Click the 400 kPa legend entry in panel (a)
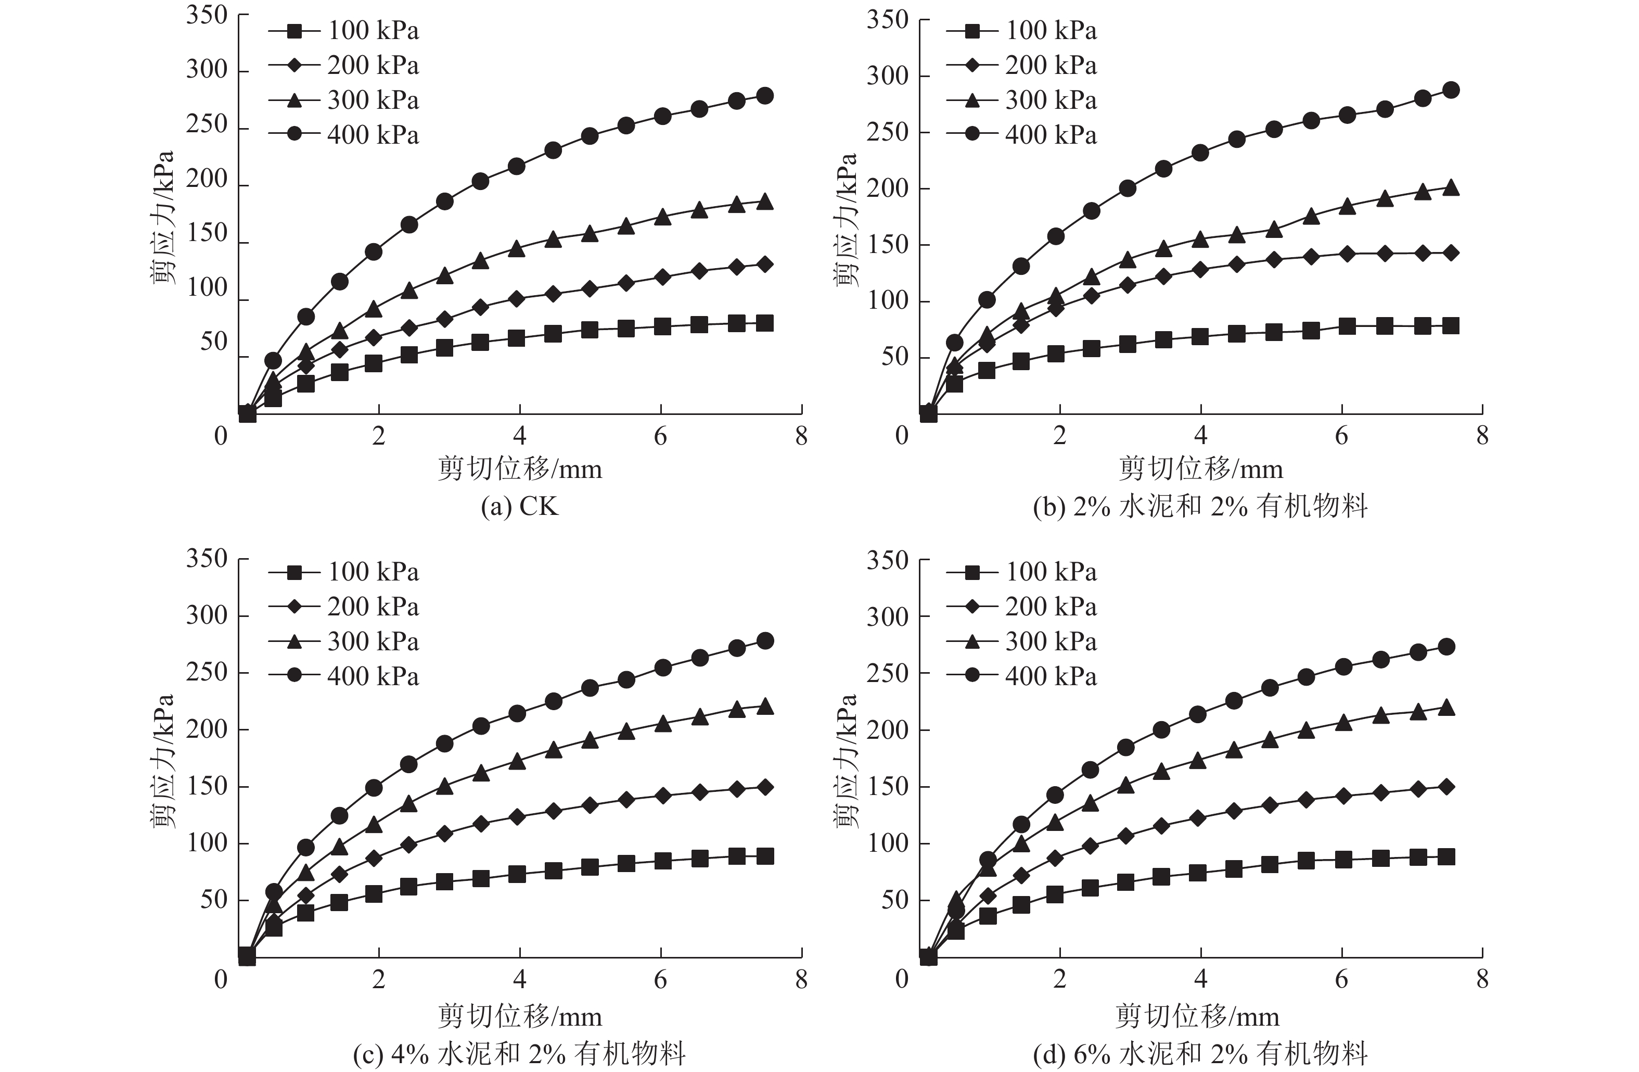pos(344,134)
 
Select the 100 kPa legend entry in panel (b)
pos(1022,31)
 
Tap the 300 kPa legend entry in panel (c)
pos(344,641)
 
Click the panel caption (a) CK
pos(519,507)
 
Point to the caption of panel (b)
pos(1200,507)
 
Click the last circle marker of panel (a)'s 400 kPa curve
pos(764,96)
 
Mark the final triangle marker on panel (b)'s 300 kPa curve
pos(1451,187)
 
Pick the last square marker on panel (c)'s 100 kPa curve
pos(764,856)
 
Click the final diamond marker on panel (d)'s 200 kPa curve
pos(1446,787)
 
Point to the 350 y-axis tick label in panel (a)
pos(207,15)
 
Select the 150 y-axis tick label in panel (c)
pos(207,786)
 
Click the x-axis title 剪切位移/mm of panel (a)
pos(519,469)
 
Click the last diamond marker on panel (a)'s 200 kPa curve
pos(764,264)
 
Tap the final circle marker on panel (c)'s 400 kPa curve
pos(764,641)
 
